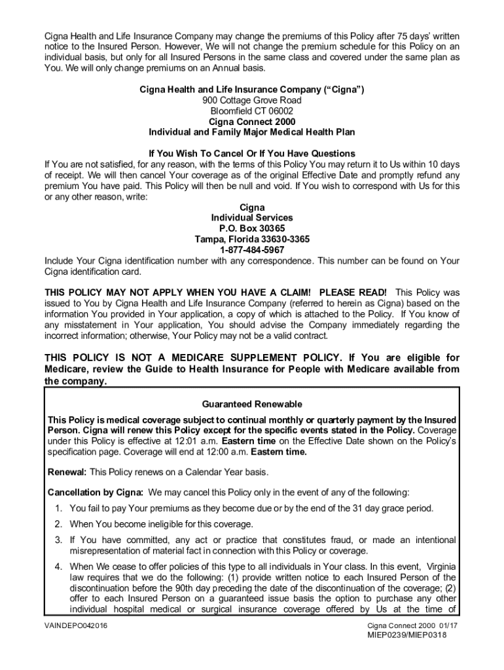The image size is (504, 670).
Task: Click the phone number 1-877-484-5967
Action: point(252,250)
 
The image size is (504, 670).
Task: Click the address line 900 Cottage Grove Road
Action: point(252,100)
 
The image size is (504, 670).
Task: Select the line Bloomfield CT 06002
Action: point(252,111)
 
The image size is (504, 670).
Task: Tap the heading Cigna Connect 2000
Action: point(252,122)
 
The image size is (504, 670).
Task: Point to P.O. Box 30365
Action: point(252,228)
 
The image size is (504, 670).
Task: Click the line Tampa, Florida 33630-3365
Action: point(252,239)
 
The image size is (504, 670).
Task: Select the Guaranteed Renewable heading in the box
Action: point(252,404)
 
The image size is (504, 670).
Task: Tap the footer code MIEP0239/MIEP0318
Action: point(422,635)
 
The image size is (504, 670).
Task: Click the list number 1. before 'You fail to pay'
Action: point(58,508)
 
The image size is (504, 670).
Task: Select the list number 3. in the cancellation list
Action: point(58,540)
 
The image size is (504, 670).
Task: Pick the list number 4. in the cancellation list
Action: point(58,567)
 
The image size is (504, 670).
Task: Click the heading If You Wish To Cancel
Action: point(252,154)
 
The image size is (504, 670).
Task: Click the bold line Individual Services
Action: point(252,218)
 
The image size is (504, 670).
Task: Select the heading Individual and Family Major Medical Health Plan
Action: point(252,132)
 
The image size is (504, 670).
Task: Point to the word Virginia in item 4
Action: point(441,567)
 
